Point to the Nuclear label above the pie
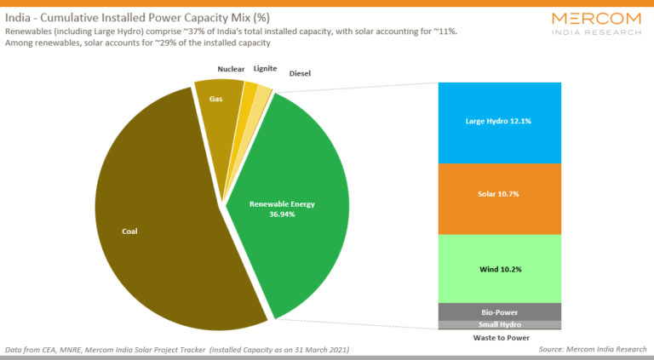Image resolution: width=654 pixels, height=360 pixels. pyautogui.click(x=231, y=69)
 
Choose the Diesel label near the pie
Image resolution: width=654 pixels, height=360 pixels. pyautogui.click(x=300, y=74)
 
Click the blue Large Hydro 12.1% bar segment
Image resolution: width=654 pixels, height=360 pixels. pyautogui.click(x=499, y=122)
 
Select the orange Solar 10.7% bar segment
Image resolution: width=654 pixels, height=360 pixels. pyautogui.click(x=499, y=195)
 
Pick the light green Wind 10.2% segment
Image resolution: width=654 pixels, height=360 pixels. pyautogui.click(x=499, y=269)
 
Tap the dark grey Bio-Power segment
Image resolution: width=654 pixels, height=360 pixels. pyautogui.click(x=499, y=311)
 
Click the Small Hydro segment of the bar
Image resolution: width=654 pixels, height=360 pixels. pyautogui.click(x=499, y=324)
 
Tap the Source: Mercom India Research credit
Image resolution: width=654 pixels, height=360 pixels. pyautogui.click(x=593, y=349)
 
